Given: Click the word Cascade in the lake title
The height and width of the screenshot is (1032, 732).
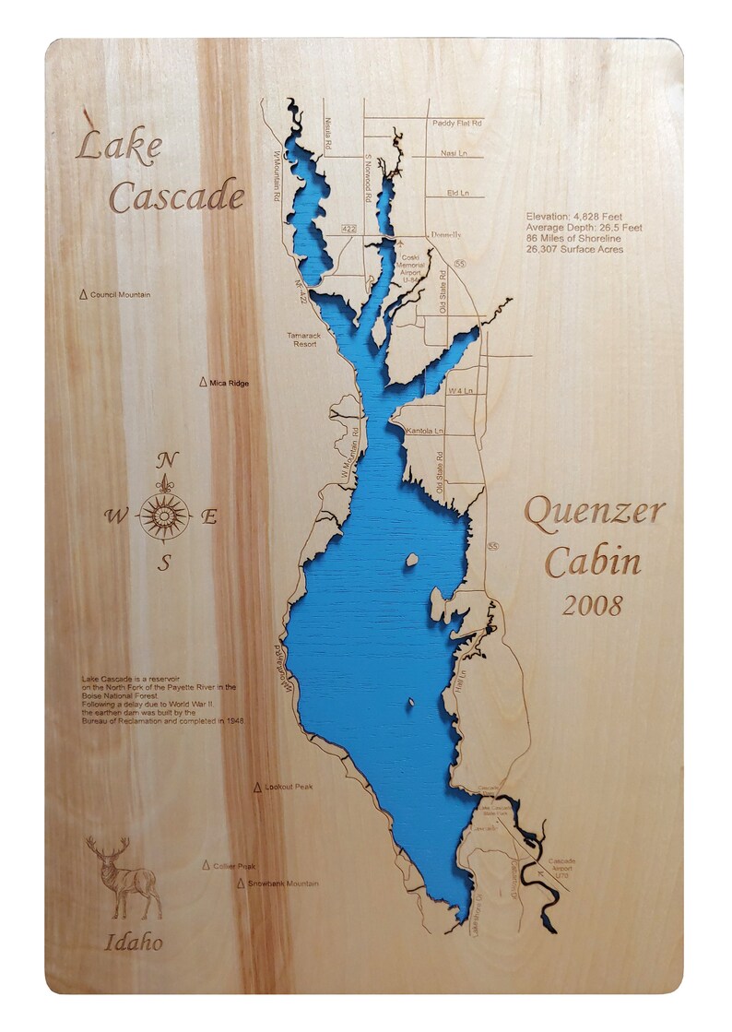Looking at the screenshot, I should pos(176,196).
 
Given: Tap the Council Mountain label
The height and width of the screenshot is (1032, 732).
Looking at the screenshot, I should pos(120,295).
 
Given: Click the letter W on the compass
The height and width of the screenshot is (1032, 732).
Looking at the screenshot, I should pos(116,516).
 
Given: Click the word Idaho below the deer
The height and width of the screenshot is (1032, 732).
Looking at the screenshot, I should pos(134,943).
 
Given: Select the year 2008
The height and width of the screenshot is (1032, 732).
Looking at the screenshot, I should pos(592,606).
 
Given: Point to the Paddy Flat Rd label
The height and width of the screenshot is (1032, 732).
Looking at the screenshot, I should pos(457,123).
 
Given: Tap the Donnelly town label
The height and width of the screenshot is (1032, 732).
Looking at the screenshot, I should pos(443,235).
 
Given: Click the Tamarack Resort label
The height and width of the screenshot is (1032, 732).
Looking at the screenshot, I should pos(301,339).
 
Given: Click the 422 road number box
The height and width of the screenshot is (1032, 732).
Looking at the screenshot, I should pos(348,227).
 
